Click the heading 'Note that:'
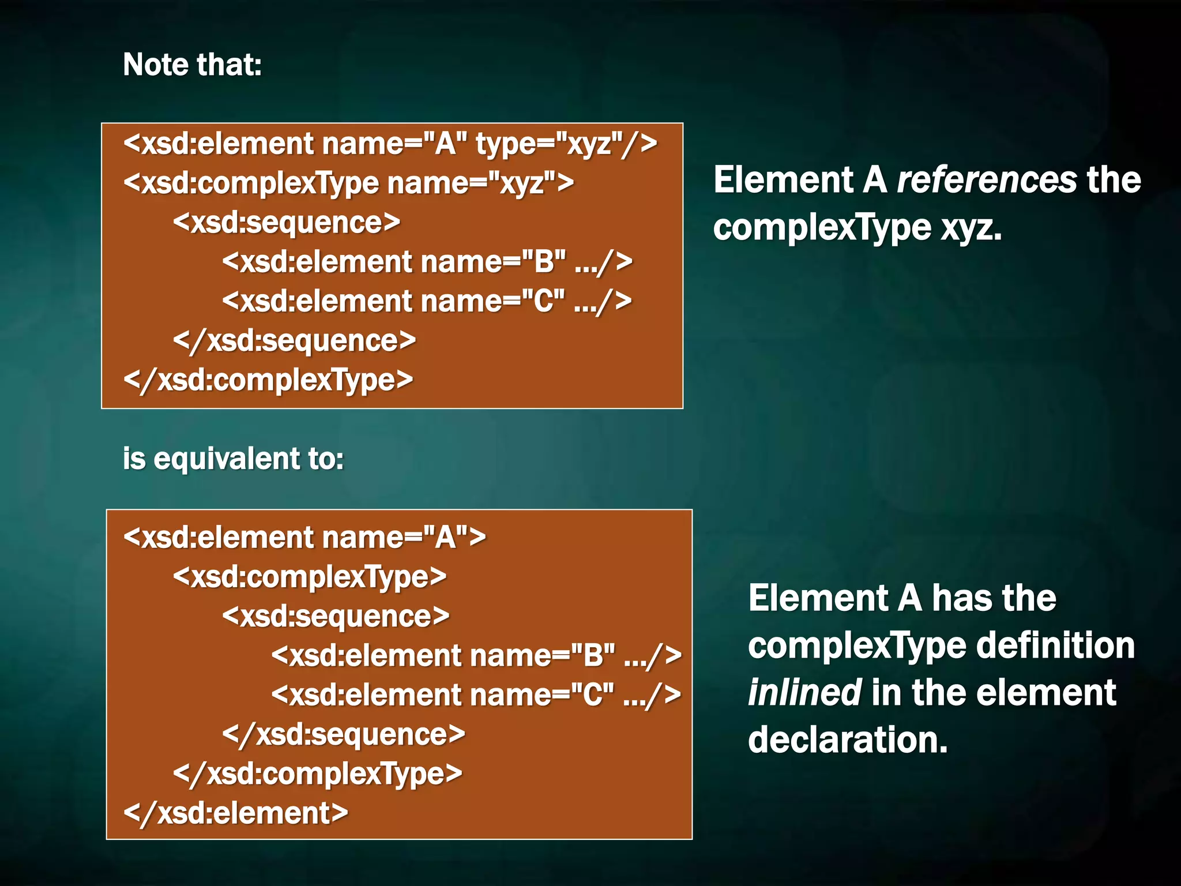tap(192, 65)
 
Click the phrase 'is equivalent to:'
tap(233, 459)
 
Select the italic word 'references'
tap(987, 180)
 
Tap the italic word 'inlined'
tap(804, 693)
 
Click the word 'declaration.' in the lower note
tap(848, 740)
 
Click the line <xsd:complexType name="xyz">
tap(348, 183)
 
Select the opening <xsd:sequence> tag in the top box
tap(286, 223)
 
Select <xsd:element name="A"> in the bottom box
tap(304, 538)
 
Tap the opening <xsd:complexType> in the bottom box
tap(310, 577)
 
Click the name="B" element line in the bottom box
tap(476, 656)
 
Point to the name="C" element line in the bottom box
tap(476, 695)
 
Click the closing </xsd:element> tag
tap(236, 813)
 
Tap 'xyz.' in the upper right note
tap(972, 228)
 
